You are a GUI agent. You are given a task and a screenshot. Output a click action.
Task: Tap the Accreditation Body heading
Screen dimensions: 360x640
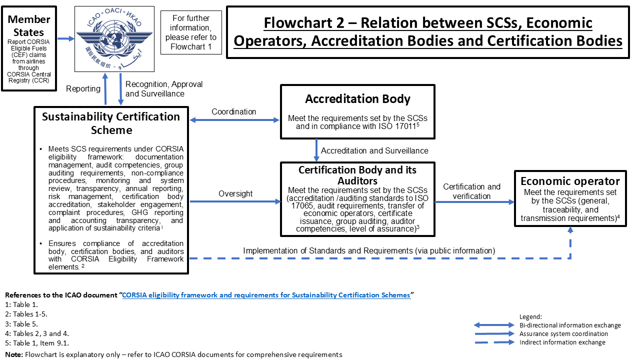[357, 98]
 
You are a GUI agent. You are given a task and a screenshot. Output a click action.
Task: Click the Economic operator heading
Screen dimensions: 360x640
[569, 181]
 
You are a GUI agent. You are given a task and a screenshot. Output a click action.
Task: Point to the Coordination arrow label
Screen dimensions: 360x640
[234, 111]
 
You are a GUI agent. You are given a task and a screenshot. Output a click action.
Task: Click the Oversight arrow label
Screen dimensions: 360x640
[235, 193]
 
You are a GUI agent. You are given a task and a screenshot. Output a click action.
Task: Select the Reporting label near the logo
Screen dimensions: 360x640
[83, 88]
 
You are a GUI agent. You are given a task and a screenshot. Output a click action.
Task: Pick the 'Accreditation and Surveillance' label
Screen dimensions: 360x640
[374, 150]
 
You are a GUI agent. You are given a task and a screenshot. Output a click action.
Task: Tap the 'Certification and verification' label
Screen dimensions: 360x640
[471, 191]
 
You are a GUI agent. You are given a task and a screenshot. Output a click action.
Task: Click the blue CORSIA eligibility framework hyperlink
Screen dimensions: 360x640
[266, 295]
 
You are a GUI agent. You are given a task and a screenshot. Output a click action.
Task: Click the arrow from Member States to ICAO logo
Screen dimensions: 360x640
[65, 38]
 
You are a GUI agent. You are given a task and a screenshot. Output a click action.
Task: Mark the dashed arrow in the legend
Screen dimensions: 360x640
[494, 342]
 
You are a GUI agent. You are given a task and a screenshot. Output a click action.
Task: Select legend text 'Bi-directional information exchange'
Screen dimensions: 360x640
[570, 325]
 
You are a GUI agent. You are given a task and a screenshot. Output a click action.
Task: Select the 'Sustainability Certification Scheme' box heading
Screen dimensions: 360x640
[111, 123]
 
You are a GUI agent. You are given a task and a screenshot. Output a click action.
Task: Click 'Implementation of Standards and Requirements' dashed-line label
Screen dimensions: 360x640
[369, 250]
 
